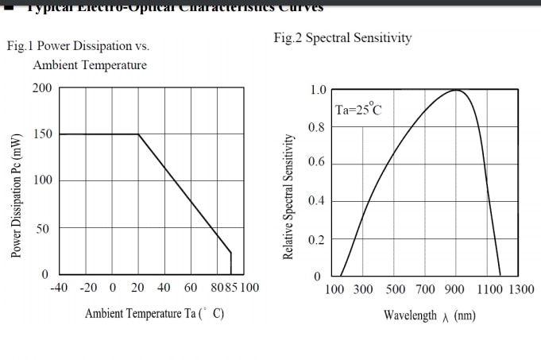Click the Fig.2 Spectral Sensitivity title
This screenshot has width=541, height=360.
[342, 38]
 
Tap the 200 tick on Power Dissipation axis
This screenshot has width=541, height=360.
[42, 87]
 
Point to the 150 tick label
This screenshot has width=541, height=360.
[42, 134]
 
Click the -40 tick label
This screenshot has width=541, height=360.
[59, 287]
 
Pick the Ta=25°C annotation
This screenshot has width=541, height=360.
[358, 110]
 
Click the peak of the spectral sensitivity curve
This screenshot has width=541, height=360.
[457, 90]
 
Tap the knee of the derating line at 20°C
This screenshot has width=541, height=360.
[138, 134]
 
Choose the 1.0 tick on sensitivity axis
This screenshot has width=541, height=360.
[318, 89]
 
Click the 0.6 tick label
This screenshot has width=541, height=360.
[318, 163]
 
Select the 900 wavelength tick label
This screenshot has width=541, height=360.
[454, 289]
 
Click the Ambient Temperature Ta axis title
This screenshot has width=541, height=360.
[154, 314]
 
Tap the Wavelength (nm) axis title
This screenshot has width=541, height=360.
[430, 315]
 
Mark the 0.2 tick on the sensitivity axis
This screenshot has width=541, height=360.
[318, 239]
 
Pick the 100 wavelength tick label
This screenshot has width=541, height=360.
[334, 289]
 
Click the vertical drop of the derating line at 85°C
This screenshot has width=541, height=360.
[231, 264]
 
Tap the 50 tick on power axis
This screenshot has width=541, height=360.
[45, 229]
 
